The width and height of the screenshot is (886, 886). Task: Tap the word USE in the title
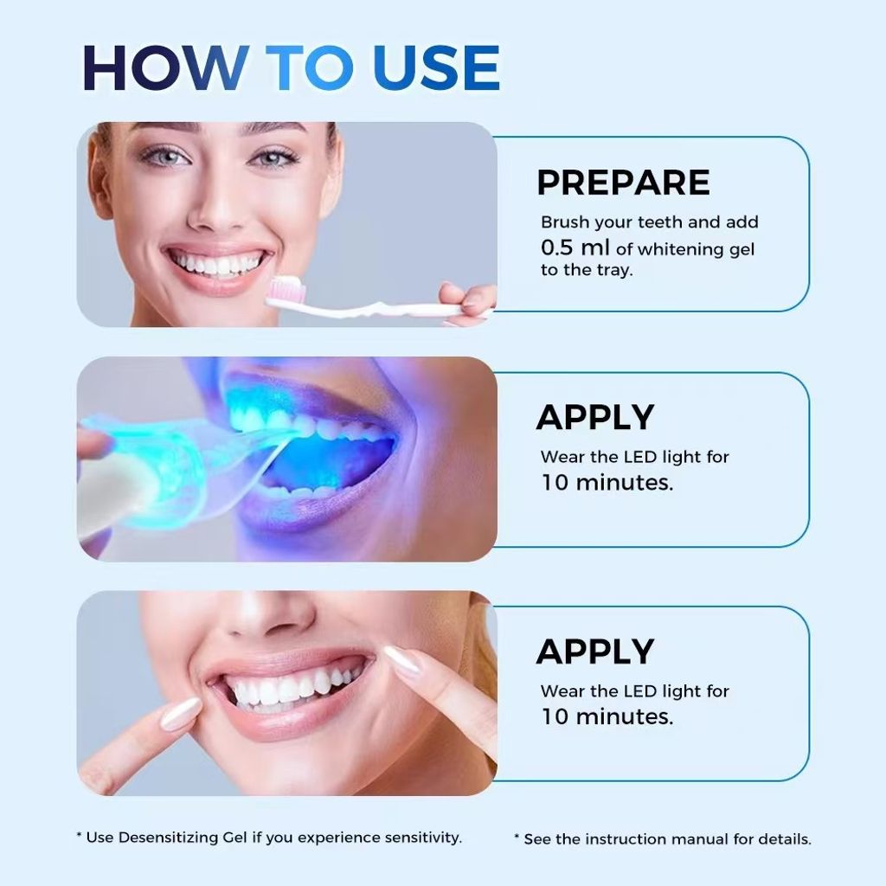(x=436, y=67)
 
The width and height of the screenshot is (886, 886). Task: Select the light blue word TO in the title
(x=310, y=67)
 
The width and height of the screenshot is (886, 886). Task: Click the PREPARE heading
(x=623, y=182)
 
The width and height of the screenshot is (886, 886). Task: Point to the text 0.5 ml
(x=575, y=247)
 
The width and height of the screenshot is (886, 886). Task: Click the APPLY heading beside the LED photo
(x=595, y=417)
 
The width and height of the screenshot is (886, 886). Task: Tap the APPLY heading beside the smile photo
(x=595, y=652)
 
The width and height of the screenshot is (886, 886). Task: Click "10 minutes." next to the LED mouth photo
(x=607, y=483)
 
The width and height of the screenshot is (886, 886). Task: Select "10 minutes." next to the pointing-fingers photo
(x=607, y=716)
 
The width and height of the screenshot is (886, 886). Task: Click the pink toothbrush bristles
(x=286, y=290)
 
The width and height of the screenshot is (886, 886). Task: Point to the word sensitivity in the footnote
(x=423, y=838)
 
